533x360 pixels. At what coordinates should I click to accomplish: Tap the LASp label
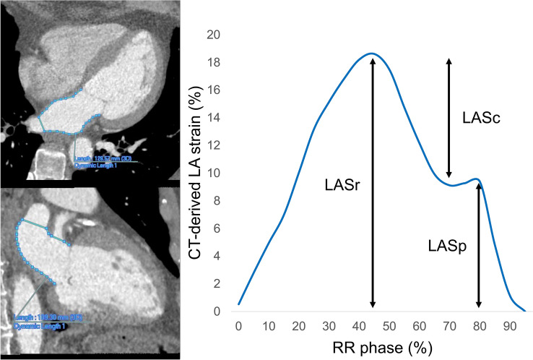[445, 245]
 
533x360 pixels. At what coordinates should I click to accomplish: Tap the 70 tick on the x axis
[436, 327]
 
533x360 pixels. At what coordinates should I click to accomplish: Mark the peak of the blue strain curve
[371, 53]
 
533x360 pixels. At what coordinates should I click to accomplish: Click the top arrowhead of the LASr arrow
[373, 59]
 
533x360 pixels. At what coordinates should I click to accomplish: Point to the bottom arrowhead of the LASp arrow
[479, 307]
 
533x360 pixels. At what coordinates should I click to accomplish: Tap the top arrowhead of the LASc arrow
[448, 61]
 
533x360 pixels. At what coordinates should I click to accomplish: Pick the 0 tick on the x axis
[239, 327]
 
